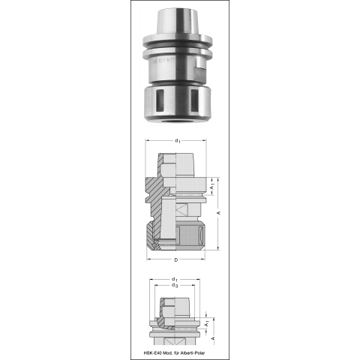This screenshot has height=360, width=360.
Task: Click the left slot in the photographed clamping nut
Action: [x=160, y=100]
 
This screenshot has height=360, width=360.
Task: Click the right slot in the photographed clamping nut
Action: [x=194, y=100]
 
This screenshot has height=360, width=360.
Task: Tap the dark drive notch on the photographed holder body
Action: [x=201, y=72]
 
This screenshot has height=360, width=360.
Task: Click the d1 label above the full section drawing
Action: [x=178, y=141]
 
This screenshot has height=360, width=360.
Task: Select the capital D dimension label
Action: [x=176, y=260]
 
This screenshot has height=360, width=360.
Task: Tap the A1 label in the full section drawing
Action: [x=212, y=187]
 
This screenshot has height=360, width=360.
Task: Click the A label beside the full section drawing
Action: [x=219, y=213]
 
